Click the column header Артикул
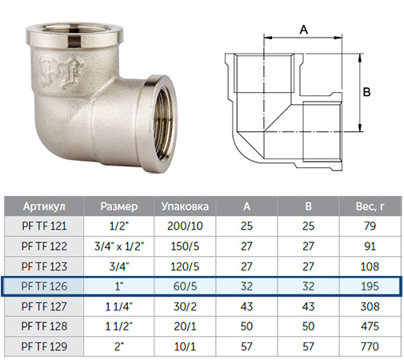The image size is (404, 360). [44, 206]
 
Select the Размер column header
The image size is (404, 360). [119, 206]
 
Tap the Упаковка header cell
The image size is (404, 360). [185, 206]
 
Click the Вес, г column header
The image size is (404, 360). [370, 206]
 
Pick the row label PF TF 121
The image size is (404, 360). [44, 226]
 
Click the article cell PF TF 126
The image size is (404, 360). [44, 286]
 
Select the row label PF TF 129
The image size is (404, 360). [44, 346]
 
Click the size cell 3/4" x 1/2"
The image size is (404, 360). [119, 246]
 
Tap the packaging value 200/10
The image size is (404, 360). [185, 226]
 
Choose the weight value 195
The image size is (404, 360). [370, 286]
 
